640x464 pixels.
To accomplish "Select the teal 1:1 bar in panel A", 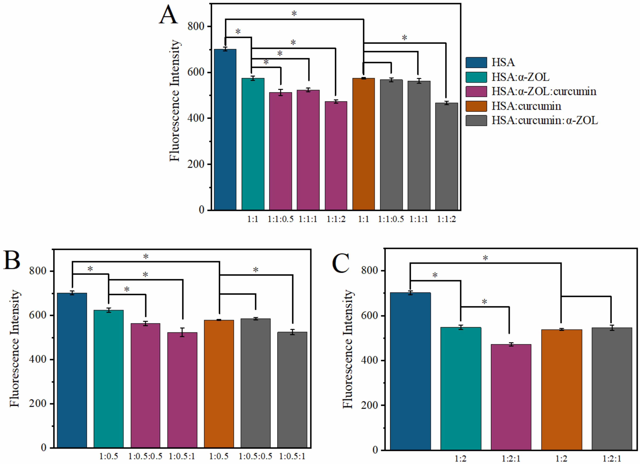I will [x=253, y=144].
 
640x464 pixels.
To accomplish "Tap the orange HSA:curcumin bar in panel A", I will [x=364, y=144].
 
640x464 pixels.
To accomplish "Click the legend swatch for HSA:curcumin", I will [x=476, y=106].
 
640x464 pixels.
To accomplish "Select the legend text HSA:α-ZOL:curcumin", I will [x=544, y=91].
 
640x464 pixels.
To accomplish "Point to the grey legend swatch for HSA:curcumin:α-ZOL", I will [x=476, y=120].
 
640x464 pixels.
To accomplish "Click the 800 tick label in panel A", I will [x=196, y=26].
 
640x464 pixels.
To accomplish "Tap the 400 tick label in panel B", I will [x=38, y=359].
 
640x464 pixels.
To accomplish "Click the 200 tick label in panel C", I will [x=369, y=405].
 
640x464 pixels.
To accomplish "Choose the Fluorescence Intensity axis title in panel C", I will [x=348, y=349].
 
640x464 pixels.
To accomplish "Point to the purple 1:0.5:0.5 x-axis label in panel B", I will [x=145, y=456].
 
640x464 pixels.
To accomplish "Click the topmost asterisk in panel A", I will [x=294, y=14].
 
